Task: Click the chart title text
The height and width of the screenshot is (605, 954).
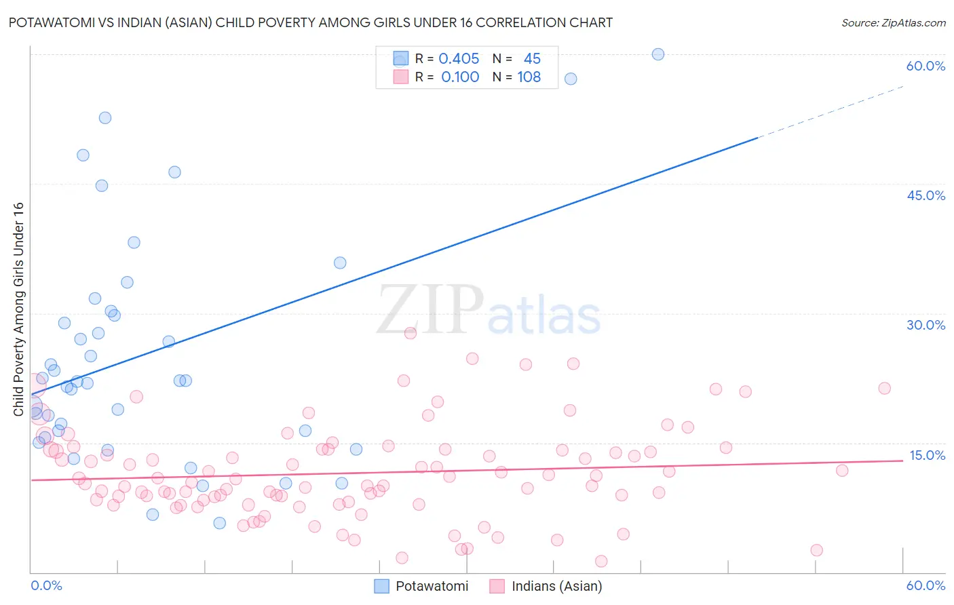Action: pos(310,22)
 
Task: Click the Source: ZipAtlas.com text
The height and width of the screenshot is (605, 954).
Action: pos(893,22)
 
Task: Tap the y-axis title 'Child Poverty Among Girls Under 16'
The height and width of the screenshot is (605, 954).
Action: pos(18,309)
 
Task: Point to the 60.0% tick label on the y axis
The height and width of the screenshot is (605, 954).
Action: pos(926,66)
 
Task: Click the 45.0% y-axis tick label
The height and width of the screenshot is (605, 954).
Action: pos(926,195)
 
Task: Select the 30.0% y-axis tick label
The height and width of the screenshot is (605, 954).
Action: pos(926,325)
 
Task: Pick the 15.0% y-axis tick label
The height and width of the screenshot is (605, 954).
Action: pos(927,455)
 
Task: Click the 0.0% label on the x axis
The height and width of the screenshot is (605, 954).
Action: pos(46,585)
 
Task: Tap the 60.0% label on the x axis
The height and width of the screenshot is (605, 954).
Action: pos(926,585)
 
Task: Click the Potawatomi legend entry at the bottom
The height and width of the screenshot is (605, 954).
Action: pos(422,586)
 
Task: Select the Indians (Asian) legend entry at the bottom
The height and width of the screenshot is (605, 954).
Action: pos(547,586)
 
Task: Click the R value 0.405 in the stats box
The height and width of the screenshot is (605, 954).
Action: pos(459,59)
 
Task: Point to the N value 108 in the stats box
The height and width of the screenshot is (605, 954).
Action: pos(529,77)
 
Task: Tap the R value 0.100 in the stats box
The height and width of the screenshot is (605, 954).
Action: pos(460,77)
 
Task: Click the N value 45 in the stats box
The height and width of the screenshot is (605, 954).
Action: pos(532,59)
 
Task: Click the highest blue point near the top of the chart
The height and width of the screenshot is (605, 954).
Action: pos(657,54)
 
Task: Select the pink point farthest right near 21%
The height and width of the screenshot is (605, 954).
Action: pos(884,388)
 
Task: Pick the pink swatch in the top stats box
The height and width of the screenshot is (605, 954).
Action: pos(401,77)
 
